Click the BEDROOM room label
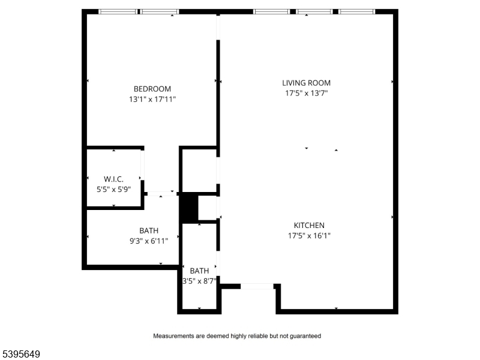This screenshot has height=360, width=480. coord(152,89)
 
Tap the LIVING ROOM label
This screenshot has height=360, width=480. coord(306,83)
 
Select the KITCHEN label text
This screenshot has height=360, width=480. coord(309,226)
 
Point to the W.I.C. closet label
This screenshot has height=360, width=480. coord(113,179)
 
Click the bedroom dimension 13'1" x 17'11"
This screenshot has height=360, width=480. coord(152,99)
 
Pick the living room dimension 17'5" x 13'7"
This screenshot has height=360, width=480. coord(306,93)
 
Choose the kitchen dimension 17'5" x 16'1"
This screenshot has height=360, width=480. coord(309,236)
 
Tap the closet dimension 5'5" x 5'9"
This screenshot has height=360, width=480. coord(113,190)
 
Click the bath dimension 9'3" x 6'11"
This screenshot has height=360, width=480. coord(149,241)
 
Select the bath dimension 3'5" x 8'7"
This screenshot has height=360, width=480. coord(200,281)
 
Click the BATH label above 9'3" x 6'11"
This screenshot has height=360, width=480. coord(149,230)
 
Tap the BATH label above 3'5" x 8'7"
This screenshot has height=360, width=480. coord(199,271)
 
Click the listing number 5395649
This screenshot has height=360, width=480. coord(20,354)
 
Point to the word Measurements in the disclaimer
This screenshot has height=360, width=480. coord(171,336)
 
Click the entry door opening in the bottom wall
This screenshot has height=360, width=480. coord(257,287)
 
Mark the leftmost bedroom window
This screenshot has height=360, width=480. coord(118,11)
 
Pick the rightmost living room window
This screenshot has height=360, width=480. coord(356,11)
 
